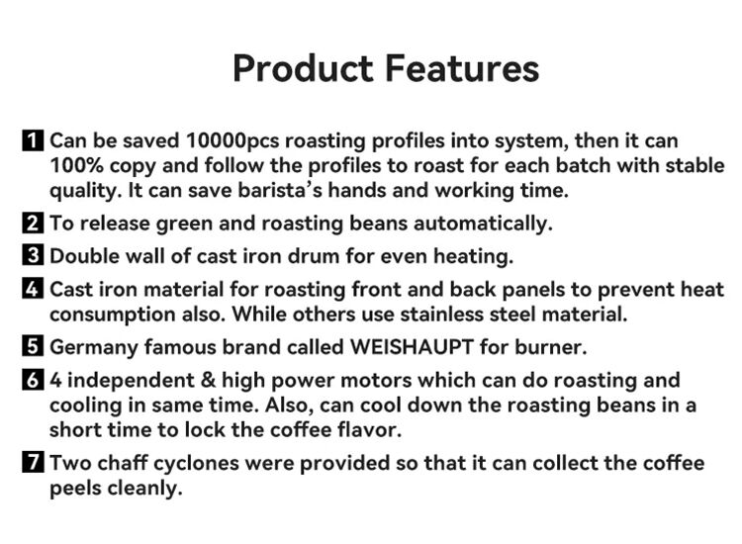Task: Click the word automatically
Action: pyautogui.click(x=482, y=224)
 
